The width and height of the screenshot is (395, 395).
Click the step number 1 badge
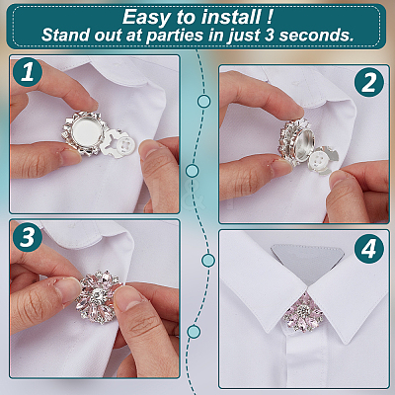[28, 72]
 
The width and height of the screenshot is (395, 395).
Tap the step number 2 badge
[369, 82]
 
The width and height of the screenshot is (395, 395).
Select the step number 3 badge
[28, 237]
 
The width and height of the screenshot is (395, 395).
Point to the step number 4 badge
[369, 249]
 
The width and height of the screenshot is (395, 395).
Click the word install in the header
[230, 17]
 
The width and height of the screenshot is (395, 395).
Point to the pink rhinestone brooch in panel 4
[301, 312]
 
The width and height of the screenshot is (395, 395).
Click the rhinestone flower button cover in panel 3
[99, 294]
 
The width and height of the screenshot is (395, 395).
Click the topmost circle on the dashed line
[204, 101]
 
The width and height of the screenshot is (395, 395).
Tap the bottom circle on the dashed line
[194, 332]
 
